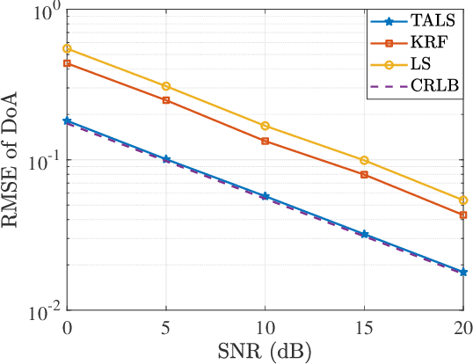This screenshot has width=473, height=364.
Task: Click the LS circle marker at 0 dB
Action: [67, 48]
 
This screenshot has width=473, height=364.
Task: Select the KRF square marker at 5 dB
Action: [166, 100]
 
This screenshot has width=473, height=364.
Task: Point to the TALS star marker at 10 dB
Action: [266, 196]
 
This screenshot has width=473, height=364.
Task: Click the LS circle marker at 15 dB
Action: [365, 160]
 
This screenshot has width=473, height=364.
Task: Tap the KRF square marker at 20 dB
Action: [463, 215]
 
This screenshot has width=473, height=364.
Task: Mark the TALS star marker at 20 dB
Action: [463, 272]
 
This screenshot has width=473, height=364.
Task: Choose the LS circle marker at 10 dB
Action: [266, 126]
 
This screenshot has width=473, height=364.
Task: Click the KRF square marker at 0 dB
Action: [67, 63]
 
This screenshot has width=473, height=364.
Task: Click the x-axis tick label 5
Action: [166, 327]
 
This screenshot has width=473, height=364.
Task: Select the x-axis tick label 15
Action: [365, 327]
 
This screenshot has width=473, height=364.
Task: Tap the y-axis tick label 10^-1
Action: [43, 161]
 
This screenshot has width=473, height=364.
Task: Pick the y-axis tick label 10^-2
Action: [43, 308]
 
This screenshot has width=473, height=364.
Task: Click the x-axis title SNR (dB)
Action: [265, 352]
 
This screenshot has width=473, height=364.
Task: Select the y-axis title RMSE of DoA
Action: [12, 161]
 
